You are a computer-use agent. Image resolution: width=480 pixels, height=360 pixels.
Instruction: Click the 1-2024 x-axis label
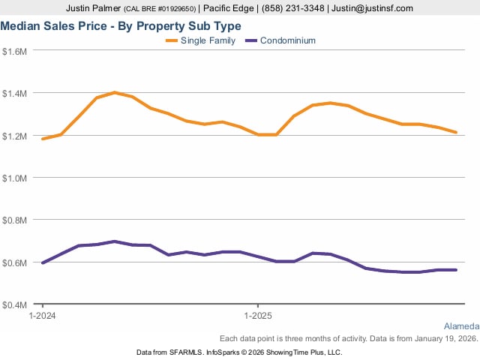point(42,317)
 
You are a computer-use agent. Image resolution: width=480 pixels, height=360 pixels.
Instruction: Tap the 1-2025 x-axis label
point(258,317)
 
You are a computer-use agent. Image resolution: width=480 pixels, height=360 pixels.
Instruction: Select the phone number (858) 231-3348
point(290,8)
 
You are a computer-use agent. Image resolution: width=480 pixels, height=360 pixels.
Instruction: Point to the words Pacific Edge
point(229,8)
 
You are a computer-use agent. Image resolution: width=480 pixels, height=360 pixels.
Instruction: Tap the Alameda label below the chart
point(461,326)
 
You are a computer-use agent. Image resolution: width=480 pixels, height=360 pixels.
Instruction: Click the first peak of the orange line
point(115,92)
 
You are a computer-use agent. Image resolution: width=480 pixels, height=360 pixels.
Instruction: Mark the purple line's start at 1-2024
point(43,262)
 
